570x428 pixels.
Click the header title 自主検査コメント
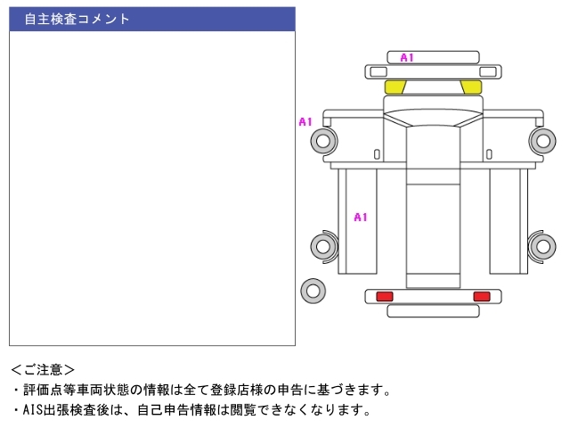tap(77, 19)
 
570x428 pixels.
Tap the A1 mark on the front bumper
tap(407, 57)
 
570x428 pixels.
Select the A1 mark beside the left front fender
tap(305, 121)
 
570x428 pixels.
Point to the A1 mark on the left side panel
tap(361, 218)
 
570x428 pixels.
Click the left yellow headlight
tap(395, 87)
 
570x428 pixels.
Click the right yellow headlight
tap(471, 87)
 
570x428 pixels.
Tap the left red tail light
tap(385, 296)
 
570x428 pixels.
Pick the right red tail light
tap(482, 296)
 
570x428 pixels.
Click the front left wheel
tap(323, 141)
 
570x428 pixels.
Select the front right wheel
tap(542, 141)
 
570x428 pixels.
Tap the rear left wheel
tap(323, 246)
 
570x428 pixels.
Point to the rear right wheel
tap(542, 246)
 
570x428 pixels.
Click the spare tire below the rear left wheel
tap(313, 291)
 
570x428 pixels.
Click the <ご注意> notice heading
tap(43, 370)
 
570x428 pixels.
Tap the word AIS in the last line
tap(33, 410)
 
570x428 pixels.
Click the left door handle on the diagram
tap(377, 154)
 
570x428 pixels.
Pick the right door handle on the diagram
tap(489, 154)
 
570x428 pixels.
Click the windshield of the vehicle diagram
tap(433, 117)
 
